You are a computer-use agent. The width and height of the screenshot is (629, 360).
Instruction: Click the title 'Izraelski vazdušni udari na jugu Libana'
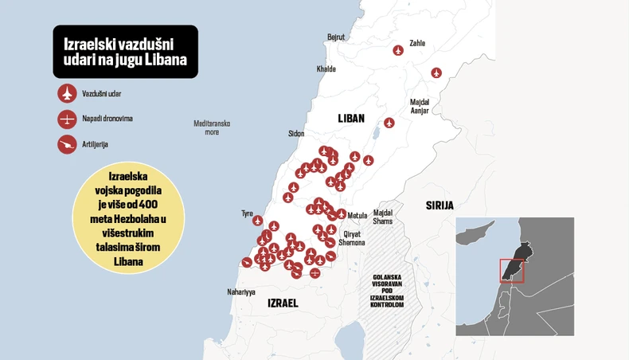(x=125, y=52)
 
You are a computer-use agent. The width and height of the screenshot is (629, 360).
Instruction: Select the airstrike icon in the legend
(x=67, y=94)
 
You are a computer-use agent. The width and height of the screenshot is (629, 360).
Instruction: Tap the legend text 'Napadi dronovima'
(x=107, y=119)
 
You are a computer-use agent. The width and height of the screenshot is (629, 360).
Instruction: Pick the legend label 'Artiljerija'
(x=95, y=144)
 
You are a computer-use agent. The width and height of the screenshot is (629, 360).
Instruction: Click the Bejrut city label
(x=336, y=37)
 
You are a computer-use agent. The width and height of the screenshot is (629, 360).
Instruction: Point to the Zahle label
(x=416, y=43)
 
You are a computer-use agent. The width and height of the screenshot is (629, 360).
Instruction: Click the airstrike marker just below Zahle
(x=398, y=51)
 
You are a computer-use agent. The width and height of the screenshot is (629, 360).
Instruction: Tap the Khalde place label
(x=326, y=69)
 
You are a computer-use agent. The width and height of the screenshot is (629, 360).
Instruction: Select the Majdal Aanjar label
(x=420, y=106)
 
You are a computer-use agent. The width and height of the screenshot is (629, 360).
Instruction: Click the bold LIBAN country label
(x=351, y=118)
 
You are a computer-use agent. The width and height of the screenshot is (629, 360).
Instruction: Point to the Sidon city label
(x=296, y=134)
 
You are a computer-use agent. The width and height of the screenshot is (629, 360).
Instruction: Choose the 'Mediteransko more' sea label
(x=212, y=127)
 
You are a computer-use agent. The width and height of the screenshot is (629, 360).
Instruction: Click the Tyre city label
(x=247, y=213)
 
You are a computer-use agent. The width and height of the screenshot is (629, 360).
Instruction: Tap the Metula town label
(x=357, y=215)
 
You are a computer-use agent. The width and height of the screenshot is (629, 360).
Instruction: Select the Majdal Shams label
(x=383, y=217)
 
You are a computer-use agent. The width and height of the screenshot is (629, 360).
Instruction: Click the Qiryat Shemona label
(x=352, y=238)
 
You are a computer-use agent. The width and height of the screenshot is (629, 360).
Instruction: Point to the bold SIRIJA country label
(x=440, y=205)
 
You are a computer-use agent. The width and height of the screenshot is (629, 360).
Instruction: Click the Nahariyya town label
(x=241, y=292)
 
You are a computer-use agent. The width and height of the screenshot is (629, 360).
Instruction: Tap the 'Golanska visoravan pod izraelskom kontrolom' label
(x=387, y=291)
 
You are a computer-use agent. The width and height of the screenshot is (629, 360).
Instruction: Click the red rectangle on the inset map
(x=511, y=270)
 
